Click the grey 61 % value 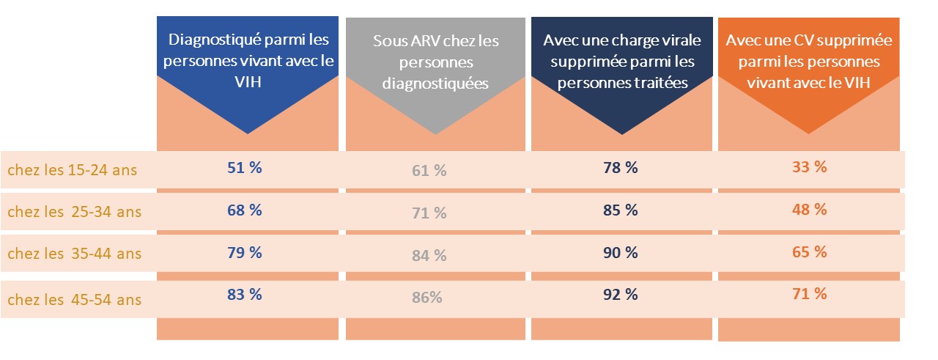(x=429, y=171)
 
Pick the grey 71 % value (x=429, y=213)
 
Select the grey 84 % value (x=429, y=256)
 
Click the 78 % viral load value (x=620, y=167)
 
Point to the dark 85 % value (x=620, y=210)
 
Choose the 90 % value (x=620, y=252)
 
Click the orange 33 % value (x=809, y=166)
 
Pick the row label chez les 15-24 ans (x=73, y=171)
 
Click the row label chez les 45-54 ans (x=74, y=300)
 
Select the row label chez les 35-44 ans (x=74, y=254)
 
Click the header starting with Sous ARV (x=435, y=62)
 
